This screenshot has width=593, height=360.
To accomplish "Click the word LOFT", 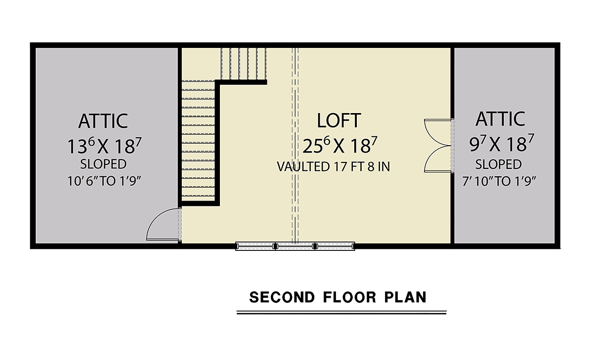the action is [339, 120].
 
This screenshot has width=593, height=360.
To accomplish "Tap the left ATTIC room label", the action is [103, 121].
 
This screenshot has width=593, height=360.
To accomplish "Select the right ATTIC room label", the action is [500, 119].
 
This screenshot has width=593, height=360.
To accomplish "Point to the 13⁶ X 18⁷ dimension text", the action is [105, 146].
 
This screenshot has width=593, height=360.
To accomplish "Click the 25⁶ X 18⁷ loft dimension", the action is [339, 145].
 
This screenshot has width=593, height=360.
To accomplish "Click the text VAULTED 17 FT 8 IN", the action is [333, 166].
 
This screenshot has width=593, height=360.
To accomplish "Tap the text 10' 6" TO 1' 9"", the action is [104, 181].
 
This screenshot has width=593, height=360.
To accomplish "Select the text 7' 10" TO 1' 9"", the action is [499, 181].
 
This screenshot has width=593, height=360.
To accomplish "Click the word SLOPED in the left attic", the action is [103, 164].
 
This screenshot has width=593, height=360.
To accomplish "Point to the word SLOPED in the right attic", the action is [499, 164].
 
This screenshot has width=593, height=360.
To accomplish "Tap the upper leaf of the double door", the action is [438, 132].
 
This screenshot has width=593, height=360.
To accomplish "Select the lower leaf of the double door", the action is [438, 159].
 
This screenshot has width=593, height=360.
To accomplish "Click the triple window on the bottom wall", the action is [295, 246].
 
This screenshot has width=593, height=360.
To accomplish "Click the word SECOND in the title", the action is [282, 297].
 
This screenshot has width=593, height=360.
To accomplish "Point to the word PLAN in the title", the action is [405, 297].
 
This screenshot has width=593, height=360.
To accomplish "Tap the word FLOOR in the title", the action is [349, 297].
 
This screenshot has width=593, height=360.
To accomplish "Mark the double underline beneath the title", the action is [341, 313].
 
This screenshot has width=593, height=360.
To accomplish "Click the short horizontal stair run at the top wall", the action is [244, 64].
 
